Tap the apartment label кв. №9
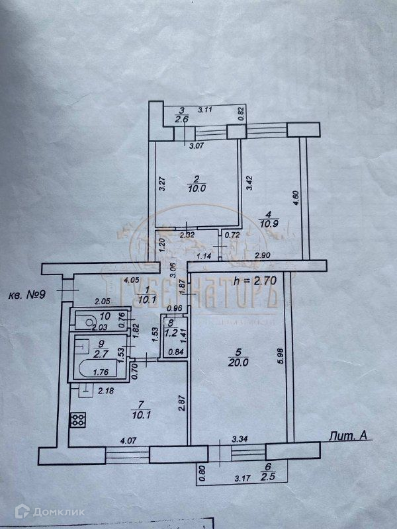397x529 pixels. point(28,294)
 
